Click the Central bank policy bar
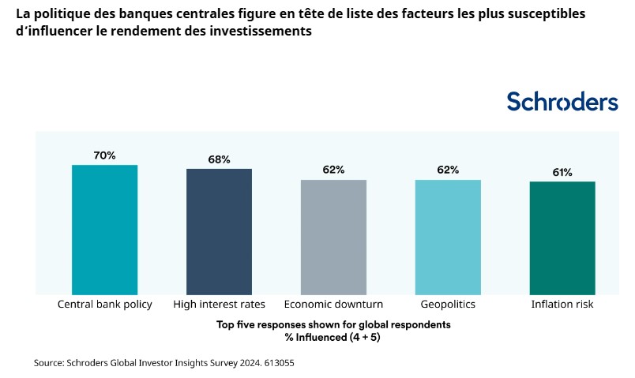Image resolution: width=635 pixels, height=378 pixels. (104, 230)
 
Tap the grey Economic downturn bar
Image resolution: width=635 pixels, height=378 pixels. (333, 237)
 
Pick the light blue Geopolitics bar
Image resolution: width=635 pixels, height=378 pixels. (448, 237)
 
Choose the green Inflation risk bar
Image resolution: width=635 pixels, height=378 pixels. (562, 238)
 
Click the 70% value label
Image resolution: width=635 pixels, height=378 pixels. (104, 155)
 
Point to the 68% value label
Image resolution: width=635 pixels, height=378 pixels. (219, 159)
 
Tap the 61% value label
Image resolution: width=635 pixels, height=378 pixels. (562, 172)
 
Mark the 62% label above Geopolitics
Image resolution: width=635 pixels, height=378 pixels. (448, 170)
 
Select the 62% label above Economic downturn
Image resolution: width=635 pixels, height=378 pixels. (333, 170)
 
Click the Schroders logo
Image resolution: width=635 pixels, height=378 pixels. (562, 102)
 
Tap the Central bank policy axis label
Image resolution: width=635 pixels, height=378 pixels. (104, 304)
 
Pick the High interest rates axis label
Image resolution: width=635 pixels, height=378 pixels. (219, 304)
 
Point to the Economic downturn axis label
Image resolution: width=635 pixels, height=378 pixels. (333, 304)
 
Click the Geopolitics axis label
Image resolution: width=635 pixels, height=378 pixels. (448, 304)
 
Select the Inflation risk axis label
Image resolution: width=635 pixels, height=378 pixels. (562, 304)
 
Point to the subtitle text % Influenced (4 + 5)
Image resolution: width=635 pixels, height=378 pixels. (333, 336)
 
